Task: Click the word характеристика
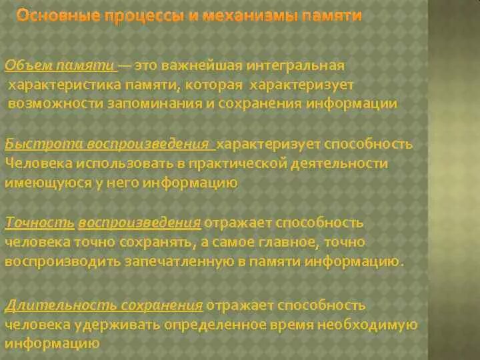click(63, 85)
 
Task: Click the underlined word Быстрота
click(33, 144)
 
